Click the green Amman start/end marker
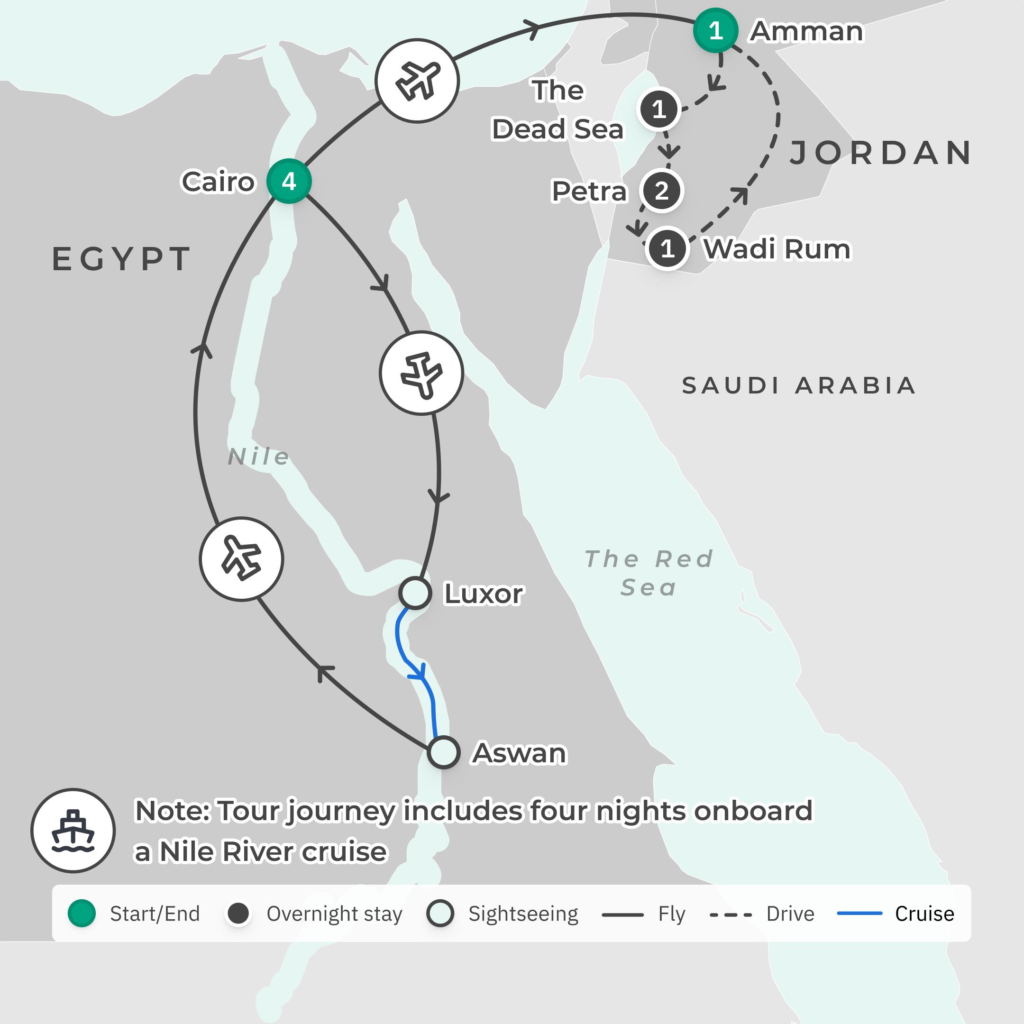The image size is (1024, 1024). pos(715,30)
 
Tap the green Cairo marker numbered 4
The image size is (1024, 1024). pos(289,181)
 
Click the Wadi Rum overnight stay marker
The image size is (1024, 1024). pos(667,248)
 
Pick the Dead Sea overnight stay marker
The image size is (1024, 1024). pos(659,110)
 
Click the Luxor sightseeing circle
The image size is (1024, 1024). pos(415,593)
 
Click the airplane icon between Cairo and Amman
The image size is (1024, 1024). pos(417,81)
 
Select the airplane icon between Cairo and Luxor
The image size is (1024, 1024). pos(421,373)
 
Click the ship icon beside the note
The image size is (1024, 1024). pos(73,831)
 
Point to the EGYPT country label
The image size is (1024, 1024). pos(121,259)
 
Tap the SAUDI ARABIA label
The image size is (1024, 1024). pos(799,385)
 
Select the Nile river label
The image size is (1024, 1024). pos(259,457)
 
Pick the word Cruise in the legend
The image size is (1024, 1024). pos(924,914)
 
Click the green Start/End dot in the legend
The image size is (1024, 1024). pos(82,913)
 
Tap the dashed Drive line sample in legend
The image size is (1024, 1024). pos(731,914)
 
